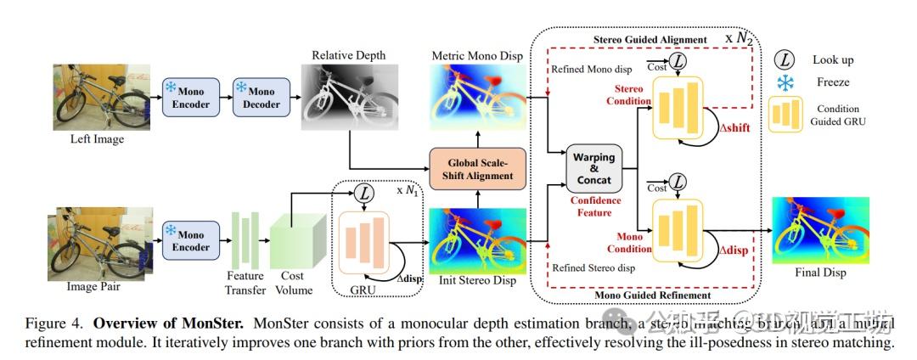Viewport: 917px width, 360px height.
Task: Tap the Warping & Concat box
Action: (x=595, y=168)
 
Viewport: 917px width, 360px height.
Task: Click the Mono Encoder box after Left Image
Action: (x=190, y=98)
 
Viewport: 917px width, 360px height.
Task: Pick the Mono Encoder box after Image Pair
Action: (x=190, y=241)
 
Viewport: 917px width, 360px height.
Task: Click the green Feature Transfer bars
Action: (x=244, y=239)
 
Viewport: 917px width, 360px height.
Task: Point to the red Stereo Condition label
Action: (x=628, y=95)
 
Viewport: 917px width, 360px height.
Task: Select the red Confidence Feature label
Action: (x=594, y=206)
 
